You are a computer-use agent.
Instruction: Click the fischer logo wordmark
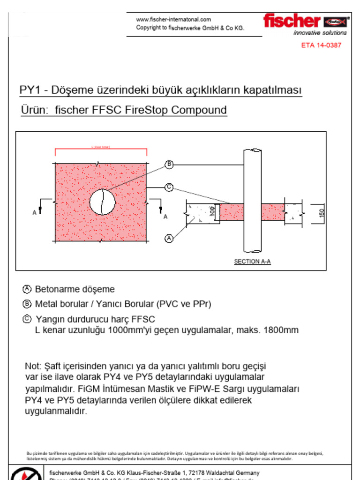click(x=292, y=21)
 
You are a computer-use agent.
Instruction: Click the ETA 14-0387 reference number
click(x=321, y=45)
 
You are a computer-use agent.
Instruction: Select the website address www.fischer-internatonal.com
click(x=173, y=20)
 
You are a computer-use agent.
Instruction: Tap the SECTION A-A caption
click(x=252, y=262)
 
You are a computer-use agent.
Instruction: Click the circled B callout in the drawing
click(x=169, y=165)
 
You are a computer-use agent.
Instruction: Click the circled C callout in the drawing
click(x=169, y=187)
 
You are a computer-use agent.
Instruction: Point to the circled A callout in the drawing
click(x=169, y=239)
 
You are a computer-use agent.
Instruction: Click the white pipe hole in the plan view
click(x=102, y=202)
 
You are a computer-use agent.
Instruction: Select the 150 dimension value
click(x=321, y=212)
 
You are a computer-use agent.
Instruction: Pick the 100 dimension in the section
click(x=212, y=211)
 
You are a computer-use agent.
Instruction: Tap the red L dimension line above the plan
click(x=101, y=150)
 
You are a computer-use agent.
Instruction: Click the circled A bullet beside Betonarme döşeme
click(x=27, y=289)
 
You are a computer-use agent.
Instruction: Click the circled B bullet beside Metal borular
click(x=27, y=304)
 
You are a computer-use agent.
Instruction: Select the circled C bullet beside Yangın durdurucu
click(x=27, y=319)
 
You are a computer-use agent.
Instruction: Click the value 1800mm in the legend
click(x=281, y=330)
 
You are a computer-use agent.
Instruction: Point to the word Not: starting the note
click(x=33, y=366)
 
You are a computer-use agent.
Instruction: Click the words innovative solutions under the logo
click(x=320, y=33)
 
